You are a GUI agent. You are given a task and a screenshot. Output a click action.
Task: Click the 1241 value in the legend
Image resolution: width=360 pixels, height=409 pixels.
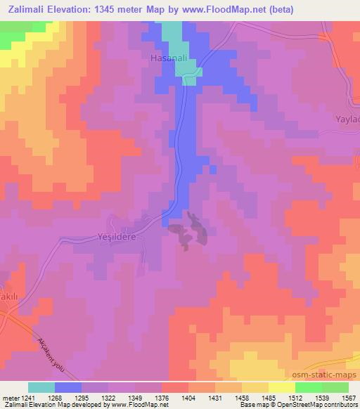click(x=28, y=397)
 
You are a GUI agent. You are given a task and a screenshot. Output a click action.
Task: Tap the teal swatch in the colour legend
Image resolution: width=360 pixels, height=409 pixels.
click(x=41, y=387)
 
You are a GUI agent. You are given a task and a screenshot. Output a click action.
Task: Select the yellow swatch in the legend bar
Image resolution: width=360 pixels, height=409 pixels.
click(x=282, y=387)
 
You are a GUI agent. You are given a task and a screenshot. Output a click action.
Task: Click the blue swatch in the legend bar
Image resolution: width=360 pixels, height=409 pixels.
click(x=68, y=387)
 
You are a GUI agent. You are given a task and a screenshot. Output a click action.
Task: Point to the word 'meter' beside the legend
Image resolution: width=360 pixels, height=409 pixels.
click(x=10, y=397)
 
